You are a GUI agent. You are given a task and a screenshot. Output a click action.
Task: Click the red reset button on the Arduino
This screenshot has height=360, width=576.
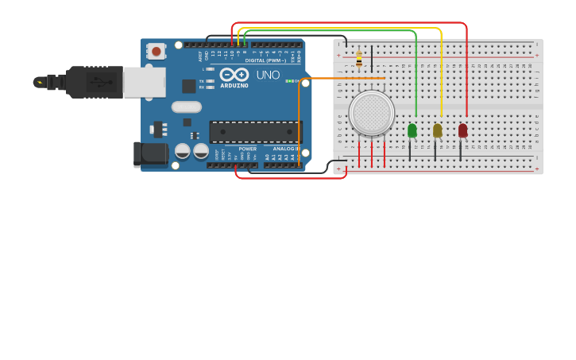pos(157,51)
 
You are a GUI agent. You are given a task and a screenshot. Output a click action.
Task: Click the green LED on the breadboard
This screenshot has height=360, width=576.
pos(412,130)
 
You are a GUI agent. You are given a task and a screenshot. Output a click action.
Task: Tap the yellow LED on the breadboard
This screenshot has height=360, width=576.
pos(438,130)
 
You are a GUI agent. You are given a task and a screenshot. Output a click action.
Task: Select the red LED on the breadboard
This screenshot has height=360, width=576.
pos(463,130)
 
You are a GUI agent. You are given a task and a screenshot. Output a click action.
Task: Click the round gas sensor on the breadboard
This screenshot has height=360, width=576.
pos(371,113)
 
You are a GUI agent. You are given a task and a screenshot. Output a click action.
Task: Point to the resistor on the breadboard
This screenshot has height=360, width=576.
pos(359,59)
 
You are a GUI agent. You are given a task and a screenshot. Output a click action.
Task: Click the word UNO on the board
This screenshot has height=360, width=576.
pos(268,75)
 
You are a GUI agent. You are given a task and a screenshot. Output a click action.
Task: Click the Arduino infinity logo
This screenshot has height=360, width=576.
pos(234,75)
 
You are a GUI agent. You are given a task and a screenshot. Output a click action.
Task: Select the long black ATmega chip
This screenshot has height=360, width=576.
pos(256,132)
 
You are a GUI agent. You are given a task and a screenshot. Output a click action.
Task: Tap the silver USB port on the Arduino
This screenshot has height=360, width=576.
pos(145,82)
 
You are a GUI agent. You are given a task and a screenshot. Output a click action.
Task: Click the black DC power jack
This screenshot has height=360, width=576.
pos(151,154)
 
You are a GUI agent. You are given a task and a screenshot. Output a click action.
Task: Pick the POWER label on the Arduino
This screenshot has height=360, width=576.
pos(248,149)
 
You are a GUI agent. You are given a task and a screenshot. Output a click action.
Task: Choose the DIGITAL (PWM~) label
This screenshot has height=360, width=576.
pos(265,60)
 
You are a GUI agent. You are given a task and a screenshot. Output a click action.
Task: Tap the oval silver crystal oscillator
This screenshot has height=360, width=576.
pos(186,106)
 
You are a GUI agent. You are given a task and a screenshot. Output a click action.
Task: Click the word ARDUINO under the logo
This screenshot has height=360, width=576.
pos(234,85)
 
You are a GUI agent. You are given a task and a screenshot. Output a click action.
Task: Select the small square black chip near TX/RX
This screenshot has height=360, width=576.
pos(189,86)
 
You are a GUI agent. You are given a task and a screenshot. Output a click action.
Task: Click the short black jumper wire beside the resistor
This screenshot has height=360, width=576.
pos(371,59)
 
